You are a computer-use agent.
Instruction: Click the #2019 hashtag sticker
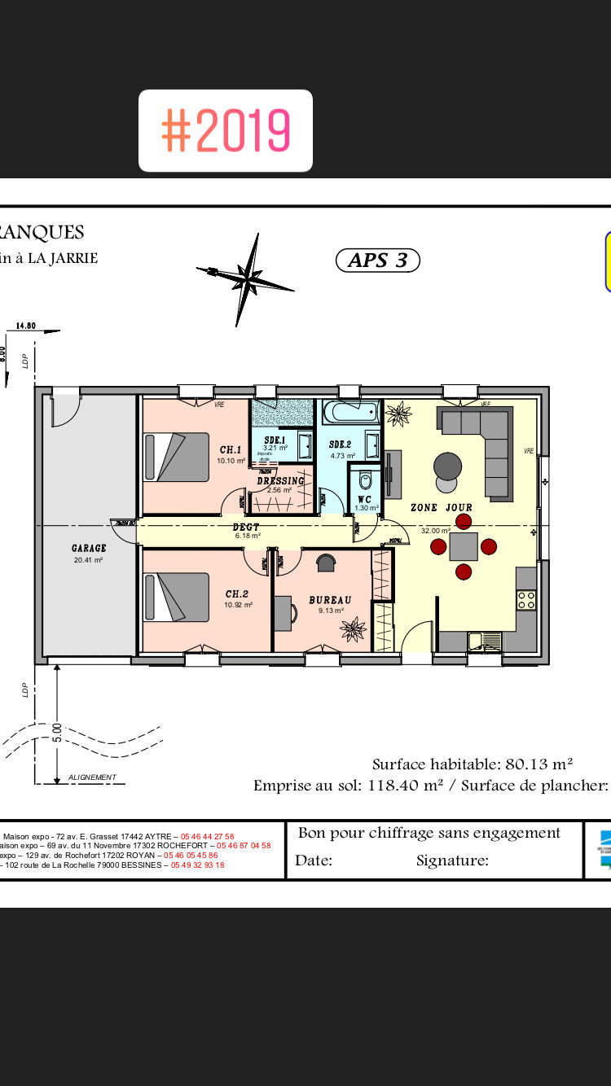pyautogui.click(x=226, y=130)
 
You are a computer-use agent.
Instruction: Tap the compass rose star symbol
pyautogui.click(x=245, y=279)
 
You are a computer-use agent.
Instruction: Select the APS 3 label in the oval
pyautogui.click(x=377, y=261)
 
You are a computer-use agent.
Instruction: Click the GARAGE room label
pyautogui.click(x=89, y=548)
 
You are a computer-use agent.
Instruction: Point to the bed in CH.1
pyautogui.click(x=177, y=457)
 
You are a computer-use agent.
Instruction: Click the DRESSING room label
pyautogui.click(x=280, y=481)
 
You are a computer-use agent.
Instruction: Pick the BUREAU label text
pyautogui.click(x=330, y=600)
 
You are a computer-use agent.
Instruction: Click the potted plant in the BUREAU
pyautogui.click(x=354, y=628)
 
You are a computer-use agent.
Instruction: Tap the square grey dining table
pyautogui.click(x=464, y=546)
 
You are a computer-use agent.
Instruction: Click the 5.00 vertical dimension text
pyautogui.click(x=57, y=733)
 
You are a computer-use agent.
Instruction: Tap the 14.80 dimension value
pyautogui.click(x=25, y=326)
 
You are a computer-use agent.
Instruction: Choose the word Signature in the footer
pyautogui.click(x=452, y=860)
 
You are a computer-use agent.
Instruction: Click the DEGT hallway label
pyautogui.click(x=246, y=527)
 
